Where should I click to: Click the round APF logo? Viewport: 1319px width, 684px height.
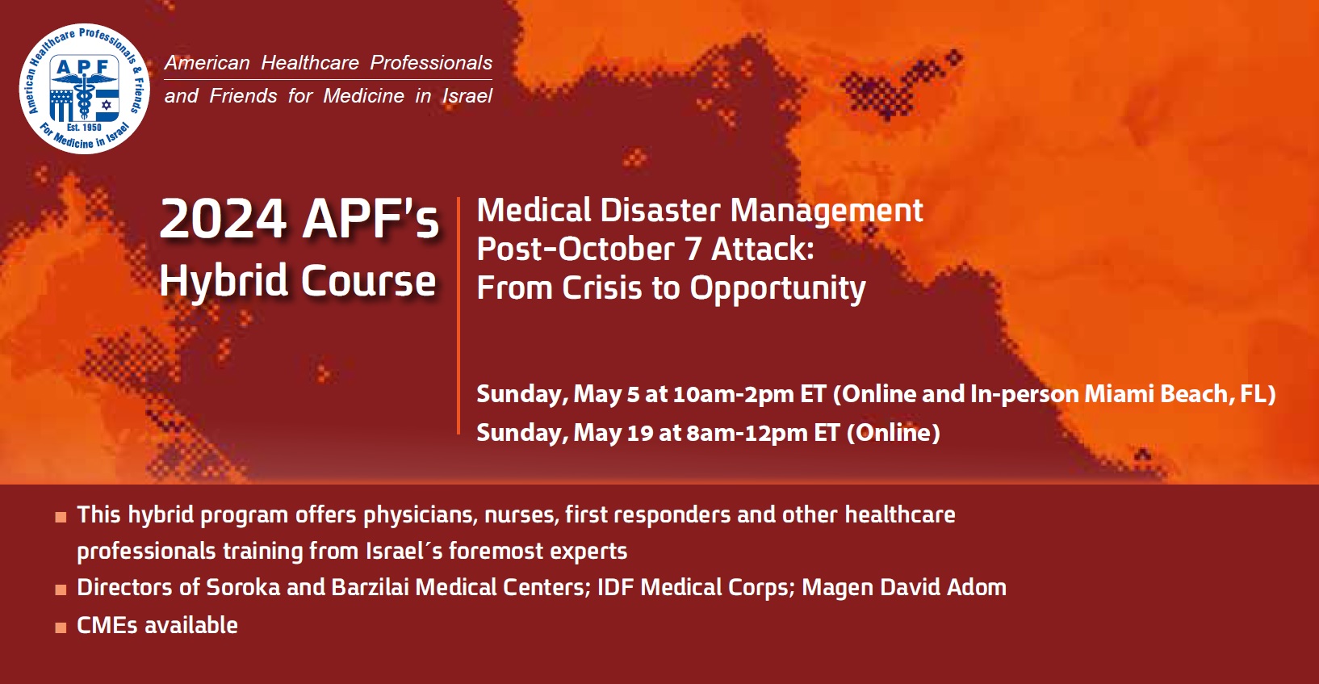click(x=84, y=89)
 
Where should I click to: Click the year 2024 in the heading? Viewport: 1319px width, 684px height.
click(x=223, y=219)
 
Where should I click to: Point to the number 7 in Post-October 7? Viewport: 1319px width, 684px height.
click(x=693, y=250)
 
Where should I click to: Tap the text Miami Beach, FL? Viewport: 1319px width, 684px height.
click(x=1179, y=394)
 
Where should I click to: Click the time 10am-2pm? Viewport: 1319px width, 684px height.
click(x=733, y=394)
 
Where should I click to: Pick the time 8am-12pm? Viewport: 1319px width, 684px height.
click(x=747, y=433)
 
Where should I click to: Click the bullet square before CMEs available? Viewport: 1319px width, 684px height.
click(x=61, y=627)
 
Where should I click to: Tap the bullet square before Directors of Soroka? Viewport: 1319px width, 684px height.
click(x=61, y=590)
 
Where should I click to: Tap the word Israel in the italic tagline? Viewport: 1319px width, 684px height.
click(x=467, y=96)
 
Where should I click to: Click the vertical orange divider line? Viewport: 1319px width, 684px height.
click(x=458, y=315)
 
